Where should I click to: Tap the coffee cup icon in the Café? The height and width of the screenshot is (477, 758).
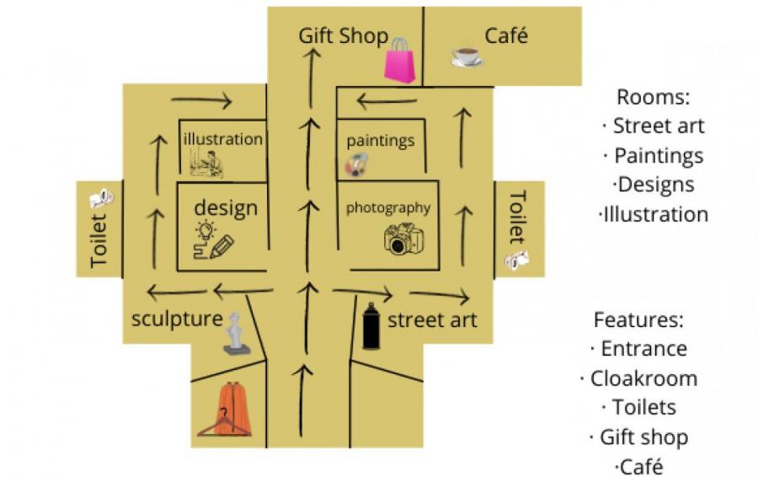pos(467,56)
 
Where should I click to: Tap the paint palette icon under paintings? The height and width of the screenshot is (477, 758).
pos(354,166)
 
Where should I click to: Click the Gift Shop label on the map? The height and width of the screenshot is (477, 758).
pos(343,36)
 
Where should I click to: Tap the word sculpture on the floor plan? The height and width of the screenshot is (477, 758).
pos(177,320)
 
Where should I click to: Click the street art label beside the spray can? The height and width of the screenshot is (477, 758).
pos(431,320)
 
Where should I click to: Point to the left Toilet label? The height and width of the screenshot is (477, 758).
pos(100,242)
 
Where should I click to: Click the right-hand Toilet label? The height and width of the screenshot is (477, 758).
pos(517,217)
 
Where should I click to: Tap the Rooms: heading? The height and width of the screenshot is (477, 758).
pos(653,97)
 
